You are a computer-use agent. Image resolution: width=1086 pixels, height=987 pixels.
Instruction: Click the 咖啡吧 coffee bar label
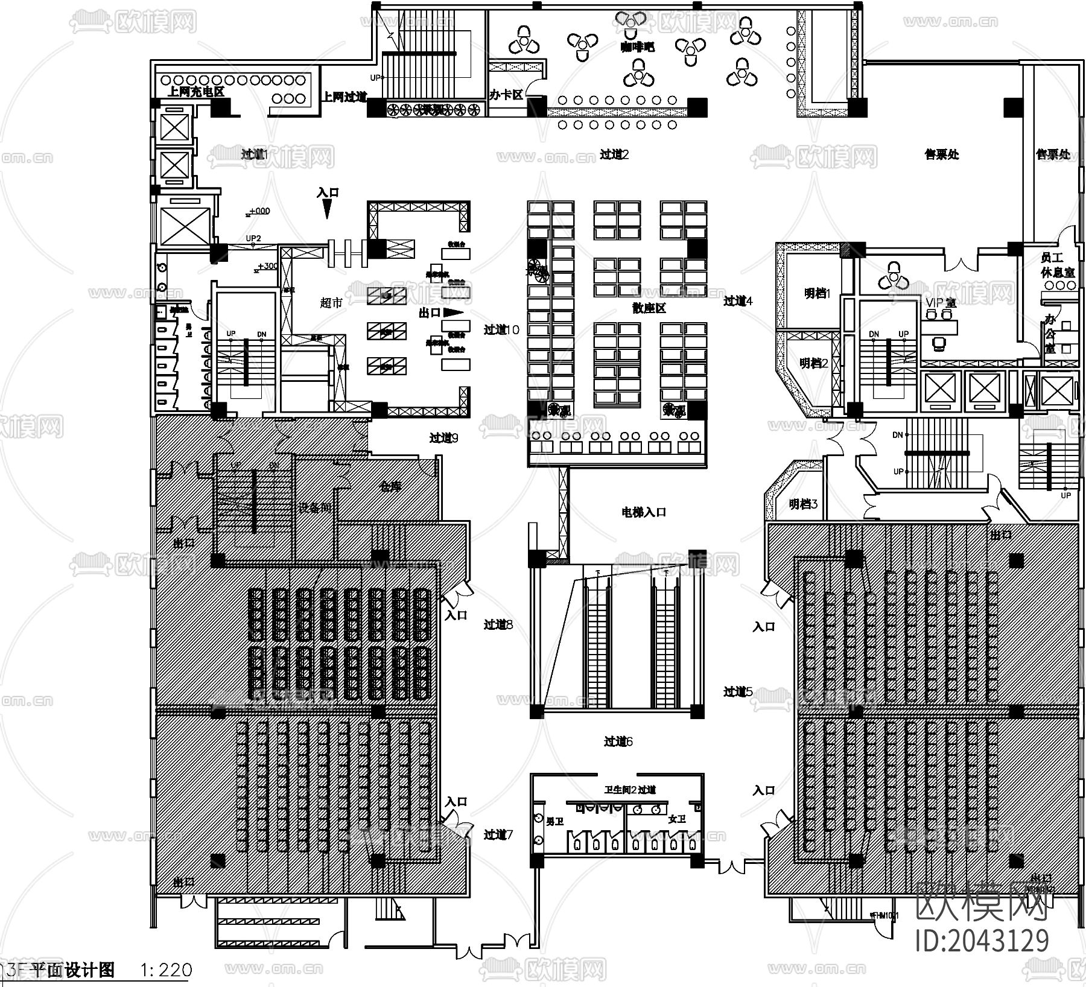pyautogui.click(x=637, y=47)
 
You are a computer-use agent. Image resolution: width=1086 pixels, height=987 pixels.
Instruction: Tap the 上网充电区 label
pyautogui.click(x=195, y=92)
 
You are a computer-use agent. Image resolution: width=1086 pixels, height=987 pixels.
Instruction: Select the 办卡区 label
pyautogui.click(x=506, y=95)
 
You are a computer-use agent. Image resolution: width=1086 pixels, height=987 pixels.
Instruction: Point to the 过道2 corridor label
pyautogui.click(x=614, y=154)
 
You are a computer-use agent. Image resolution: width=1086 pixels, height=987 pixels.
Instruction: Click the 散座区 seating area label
pyautogui.click(x=649, y=308)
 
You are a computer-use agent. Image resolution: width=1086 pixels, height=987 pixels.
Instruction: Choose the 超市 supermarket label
pyautogui.click(x=331, y=303)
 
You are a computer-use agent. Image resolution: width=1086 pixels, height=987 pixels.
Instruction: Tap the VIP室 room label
pyautogui.click(x=940, y=303)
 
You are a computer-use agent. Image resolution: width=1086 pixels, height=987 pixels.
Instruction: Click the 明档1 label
pyautogui.click(x=818, y=294)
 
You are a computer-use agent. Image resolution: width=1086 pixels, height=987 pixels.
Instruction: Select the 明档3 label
pyautogui.click(x=803, y=504)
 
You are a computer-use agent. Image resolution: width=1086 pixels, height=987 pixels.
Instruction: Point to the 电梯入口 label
pyautogui.click(x=644, y=512)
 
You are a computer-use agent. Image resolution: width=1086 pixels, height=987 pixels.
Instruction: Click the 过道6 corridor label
pyautogui.click(x=618, y=741)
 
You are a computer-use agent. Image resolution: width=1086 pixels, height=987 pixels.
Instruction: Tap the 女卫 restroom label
pyautogui.click(x=677, y=819)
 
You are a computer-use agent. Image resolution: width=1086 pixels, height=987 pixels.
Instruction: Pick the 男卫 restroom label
pyautogui.click(x=554, y=822)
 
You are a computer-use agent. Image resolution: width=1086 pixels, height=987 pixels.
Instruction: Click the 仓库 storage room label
pyautogui.click(x=391, y=486)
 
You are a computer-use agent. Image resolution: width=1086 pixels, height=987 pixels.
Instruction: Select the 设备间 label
pyautogui.click(x=315, y=508)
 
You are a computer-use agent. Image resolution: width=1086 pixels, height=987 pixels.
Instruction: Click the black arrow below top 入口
pyautogui.click(x=327, y=209)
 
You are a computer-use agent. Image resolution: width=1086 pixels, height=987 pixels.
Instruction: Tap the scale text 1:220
pyautogui.click(x=166, y=970)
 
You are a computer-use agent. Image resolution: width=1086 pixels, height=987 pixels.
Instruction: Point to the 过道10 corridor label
pyautogui.click(x=501, y=330)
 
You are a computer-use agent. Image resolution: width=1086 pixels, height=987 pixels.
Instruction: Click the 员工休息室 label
pyautogui.click(x=1057, y=265)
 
